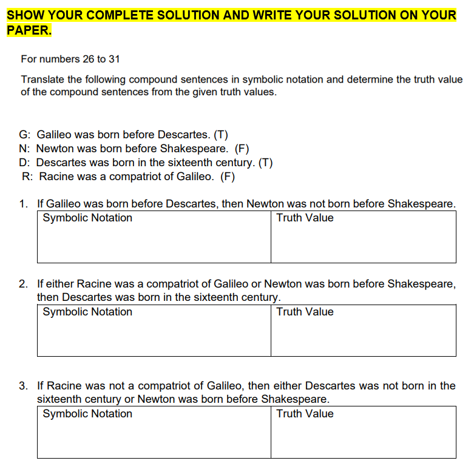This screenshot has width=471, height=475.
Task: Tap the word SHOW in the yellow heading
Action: click(24, 15)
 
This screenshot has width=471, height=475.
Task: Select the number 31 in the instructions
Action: click(117, 59)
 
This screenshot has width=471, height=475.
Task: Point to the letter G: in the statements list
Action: click(25, 135)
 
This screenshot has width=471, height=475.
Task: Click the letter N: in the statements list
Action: click(25, 149)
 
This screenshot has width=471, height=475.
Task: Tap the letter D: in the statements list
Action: click(25, 163)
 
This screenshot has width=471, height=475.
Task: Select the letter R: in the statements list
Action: click(27, 177)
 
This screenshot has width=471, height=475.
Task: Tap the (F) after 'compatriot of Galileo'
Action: click(227, 177)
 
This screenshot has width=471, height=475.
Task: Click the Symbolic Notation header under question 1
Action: click(87, 218)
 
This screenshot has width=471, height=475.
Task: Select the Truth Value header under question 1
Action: click(305, 218)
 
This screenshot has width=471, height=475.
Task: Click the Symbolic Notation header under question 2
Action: click(87, 312)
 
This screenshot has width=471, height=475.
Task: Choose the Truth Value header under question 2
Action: click(305, 312)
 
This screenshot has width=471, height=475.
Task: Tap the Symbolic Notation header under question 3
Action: click(87, 414)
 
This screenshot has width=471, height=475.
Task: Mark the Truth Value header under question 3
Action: click(305, 414)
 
